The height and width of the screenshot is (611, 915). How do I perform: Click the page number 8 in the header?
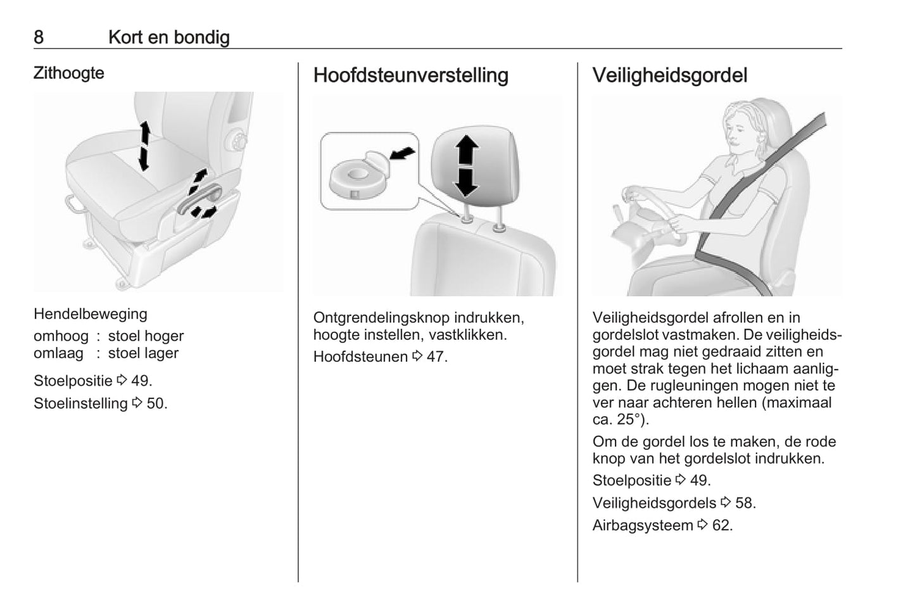tap(39, 37)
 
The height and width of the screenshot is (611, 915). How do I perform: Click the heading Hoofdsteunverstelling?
tap(410, 75)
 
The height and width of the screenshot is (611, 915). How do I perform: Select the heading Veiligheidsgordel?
tap(669, 75)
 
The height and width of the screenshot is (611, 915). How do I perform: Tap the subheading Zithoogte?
tap(68, 73)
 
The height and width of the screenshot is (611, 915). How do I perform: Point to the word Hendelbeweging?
tap(90, 314)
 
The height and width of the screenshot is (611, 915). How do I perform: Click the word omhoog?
tap(61, 336)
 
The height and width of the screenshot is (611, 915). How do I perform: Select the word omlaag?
tap(58, 353)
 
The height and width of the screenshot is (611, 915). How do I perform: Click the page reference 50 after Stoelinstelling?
tap(156, 403)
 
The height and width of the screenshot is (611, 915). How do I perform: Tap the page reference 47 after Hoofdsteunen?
tap(436, 356)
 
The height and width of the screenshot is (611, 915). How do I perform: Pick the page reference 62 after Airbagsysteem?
tap(721, 525)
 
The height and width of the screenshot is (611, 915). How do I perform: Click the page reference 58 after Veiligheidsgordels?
tap(745, 503)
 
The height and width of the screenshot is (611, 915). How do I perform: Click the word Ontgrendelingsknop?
tap(381, 318)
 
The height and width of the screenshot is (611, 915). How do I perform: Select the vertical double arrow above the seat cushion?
tap(144, 145)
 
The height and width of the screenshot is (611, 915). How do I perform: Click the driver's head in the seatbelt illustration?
tap(747, 130)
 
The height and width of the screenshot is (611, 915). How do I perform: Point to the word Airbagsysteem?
tap(642, 526)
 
